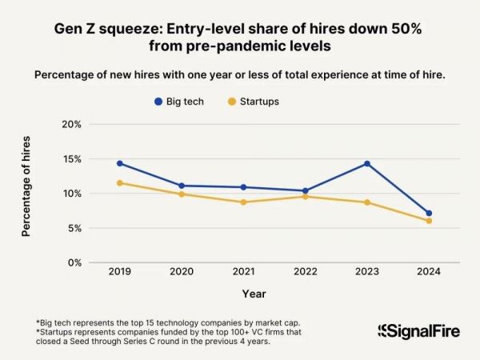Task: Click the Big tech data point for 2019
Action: [x=120, y=163]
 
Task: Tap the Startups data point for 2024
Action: [x=429, y=221]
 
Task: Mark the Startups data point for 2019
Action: [x=120, y=183]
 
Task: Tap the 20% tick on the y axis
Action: [x=72, y=125]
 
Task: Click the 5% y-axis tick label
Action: [x=74, y=228]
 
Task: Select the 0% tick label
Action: [x=74, y=262]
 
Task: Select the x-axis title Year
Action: [x=254, y=294]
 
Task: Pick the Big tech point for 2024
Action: [x=429, y=214]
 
